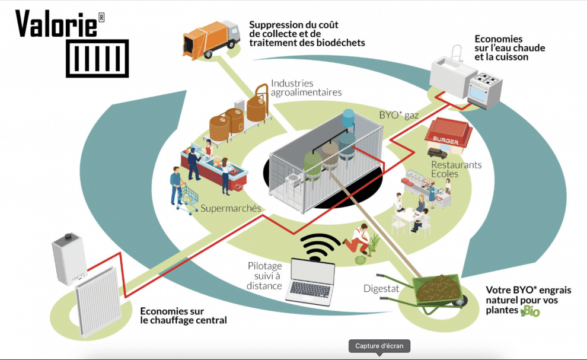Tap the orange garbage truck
pyautogui.click(x=210, y=38)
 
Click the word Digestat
pyautogui.click(x=381, y=289)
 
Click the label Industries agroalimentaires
pyautogui.click(x=306, y=88)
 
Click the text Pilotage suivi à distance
pyautogui.click(x=264, y=276)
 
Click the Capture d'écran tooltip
pyautogui.click(x=378, y=346)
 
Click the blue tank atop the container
pyautogui.click(x=349, y=122)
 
